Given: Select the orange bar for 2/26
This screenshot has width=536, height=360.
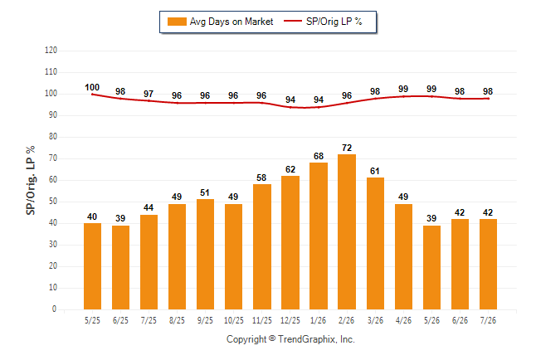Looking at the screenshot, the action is (x=347, y=231).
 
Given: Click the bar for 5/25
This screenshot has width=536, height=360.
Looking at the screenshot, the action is (x=92, y=266).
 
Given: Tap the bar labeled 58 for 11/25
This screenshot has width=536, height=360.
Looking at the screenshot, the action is (x=262, y=247).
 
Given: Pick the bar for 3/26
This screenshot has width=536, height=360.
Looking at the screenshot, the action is (x=375, y=243).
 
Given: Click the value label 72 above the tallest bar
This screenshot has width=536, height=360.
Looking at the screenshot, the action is (x=347, y=148).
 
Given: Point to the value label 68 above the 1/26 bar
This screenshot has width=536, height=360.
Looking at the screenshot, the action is (x=319, y=156).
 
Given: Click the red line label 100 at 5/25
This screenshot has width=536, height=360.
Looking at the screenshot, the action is (x=92, y=88).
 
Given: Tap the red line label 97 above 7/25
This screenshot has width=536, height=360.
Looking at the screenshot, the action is (x=149, y=94).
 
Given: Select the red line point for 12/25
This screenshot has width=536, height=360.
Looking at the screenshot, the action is (x=290, y=107).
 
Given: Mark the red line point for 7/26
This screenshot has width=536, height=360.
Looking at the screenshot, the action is (x=488, y=99).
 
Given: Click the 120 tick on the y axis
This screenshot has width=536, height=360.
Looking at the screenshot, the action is (x=51, y=51).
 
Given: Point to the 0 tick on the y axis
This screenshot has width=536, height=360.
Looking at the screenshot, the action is (x=54, y=309).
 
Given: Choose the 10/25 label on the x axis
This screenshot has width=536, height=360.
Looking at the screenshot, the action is (x=234, y=321).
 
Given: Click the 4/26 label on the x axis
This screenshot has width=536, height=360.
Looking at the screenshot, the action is (x=403, y=321).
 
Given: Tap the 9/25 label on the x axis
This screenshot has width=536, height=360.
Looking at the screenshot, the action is (x=205, y=321).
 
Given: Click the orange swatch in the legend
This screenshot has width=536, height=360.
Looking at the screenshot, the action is (x=177, y=22).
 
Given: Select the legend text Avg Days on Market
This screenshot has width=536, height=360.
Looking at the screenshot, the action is (x=231, y=22).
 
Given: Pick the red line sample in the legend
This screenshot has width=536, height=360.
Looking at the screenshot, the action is (x=293, y=21).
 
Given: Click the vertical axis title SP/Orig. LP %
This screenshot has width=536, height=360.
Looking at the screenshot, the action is (x=31, y=180).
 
